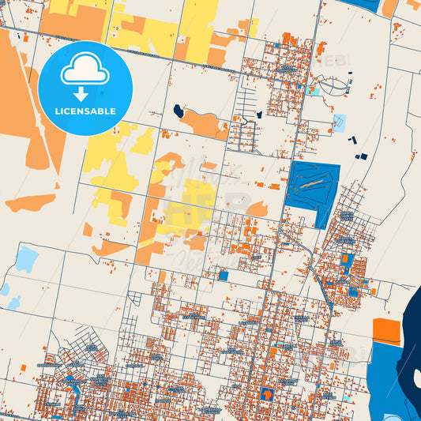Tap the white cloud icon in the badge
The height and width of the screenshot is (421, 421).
click(x=85, y=73)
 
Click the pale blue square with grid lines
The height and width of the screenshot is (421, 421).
click(x=339, y=122)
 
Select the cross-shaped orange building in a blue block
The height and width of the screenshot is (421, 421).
click(x=267, y=393)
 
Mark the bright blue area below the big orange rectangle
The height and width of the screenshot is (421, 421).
click(x=387, y=371)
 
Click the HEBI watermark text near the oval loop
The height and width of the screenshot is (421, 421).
click(x=332, y=59)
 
